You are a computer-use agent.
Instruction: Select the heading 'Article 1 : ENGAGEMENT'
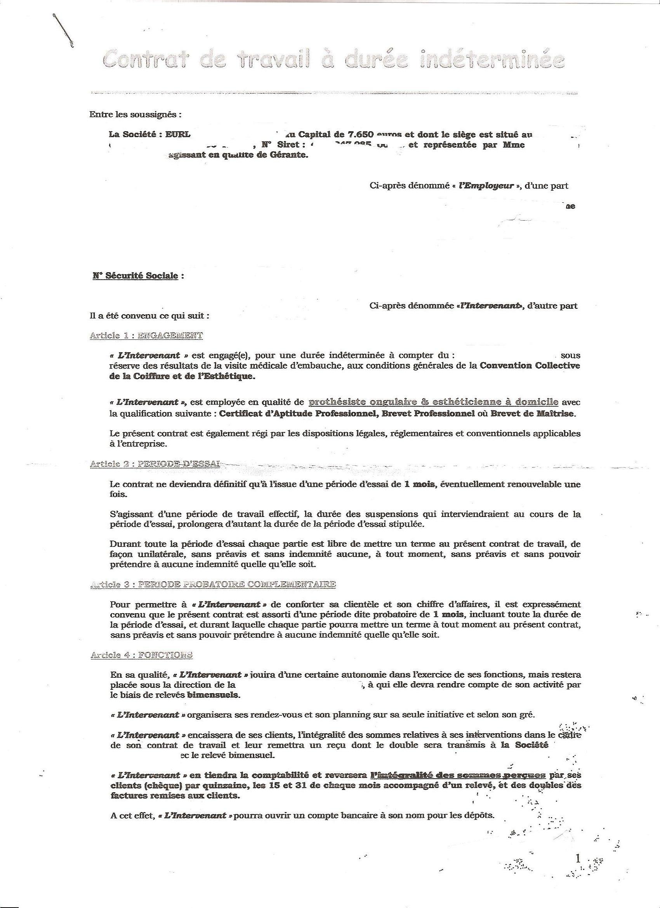[x=146, y=336]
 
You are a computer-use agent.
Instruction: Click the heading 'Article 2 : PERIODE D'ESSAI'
[x=155, y=464]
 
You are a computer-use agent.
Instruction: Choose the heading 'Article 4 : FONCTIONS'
[x=141, y=654]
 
